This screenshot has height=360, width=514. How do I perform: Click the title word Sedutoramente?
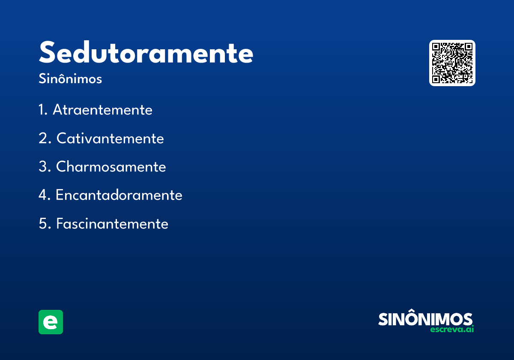146,53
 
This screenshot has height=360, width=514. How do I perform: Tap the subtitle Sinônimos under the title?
70,79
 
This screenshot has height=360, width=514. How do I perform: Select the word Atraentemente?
102,110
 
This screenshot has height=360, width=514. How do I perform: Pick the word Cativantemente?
110,138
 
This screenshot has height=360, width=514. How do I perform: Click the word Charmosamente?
111,167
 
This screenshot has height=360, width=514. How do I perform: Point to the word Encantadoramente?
119,195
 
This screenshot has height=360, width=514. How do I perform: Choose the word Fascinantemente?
112,224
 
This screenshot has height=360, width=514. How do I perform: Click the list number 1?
42,110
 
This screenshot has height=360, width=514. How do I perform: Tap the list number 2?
43,138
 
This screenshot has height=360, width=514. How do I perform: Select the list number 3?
43,167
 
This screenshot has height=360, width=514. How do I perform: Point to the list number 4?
43,195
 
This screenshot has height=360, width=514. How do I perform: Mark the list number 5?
43,224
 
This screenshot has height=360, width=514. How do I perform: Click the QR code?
452,63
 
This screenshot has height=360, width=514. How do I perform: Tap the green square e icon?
51,322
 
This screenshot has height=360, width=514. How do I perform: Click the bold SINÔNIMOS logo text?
425,319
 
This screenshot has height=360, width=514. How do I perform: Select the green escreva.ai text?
452,330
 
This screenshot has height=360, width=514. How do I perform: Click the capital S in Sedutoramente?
48,53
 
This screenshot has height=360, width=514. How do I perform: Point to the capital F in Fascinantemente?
60,224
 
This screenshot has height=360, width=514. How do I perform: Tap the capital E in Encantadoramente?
60,195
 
